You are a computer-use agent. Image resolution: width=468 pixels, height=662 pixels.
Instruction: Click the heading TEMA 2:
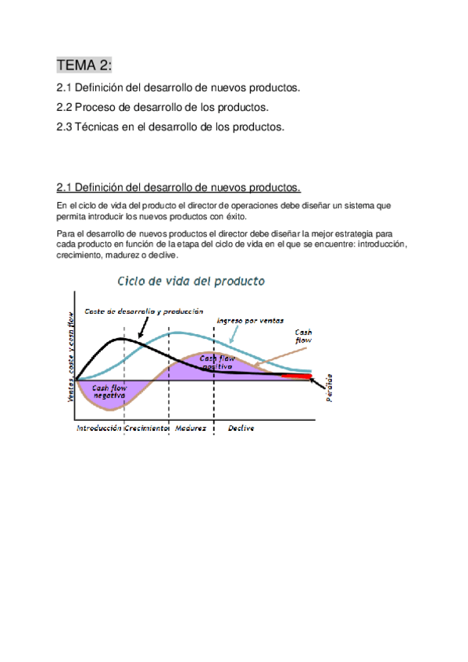84,66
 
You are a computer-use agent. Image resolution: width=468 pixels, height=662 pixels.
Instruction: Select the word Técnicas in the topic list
96,126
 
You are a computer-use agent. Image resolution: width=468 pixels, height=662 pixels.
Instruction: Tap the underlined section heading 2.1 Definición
178,187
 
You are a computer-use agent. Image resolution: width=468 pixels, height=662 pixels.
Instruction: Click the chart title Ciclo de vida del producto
191,280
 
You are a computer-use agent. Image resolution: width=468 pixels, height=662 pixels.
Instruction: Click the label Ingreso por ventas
250,320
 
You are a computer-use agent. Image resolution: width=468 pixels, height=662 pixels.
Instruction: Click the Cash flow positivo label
217,361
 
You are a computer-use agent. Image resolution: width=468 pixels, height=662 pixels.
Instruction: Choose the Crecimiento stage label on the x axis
146,429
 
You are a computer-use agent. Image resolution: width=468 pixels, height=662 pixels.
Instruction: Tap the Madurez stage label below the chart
191,429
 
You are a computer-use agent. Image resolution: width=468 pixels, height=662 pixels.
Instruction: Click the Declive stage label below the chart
241,429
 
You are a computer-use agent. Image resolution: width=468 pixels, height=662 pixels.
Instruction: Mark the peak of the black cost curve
123,339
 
